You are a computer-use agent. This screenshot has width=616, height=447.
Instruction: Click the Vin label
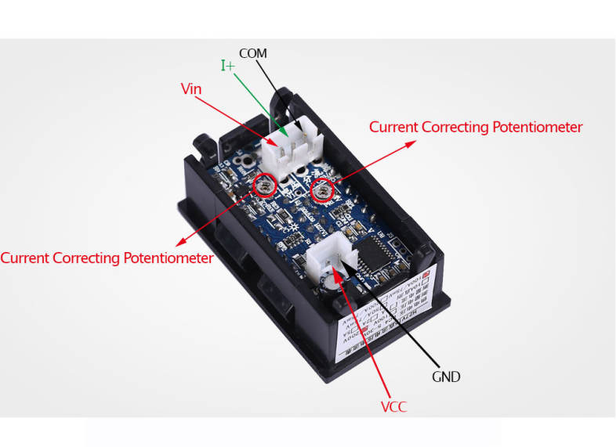click(x=191, y=89)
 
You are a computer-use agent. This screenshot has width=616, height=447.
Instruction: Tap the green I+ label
click(x=228, y=66)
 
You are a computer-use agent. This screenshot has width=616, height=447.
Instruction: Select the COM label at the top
click(x=252, y=53)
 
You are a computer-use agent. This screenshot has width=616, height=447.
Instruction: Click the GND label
click(x=446, y=377)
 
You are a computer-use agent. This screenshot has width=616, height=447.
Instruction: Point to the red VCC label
click(x=393, y=406)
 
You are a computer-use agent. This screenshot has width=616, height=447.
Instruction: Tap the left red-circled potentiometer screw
click(x=266, y=185)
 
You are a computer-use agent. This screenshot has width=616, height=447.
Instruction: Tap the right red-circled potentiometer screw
click(x=321, y=189)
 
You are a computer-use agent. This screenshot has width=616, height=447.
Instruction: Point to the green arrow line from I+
click(x=259, y=102)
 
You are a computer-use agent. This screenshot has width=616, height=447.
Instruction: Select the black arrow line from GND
click(x=400, y=321)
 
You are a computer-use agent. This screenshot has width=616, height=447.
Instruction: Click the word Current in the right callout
click(x=393, y=127)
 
